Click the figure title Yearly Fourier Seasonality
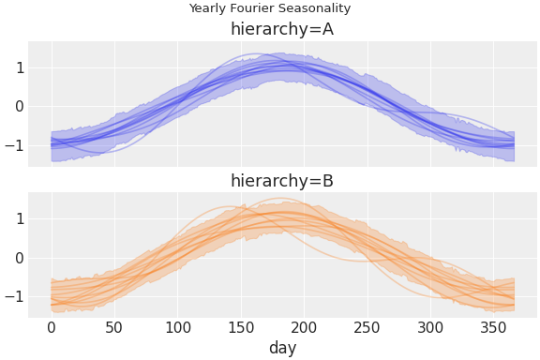269,8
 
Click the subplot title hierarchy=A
282,30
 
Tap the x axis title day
282,347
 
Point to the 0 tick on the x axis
52,327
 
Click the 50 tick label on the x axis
114,327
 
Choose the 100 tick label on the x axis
178,327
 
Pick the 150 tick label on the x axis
241,327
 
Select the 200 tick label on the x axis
305,327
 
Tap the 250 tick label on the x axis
367,327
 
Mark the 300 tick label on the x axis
431,327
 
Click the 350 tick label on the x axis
494,327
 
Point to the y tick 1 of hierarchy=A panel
18,67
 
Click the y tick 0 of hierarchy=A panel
18,106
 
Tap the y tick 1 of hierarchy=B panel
18,219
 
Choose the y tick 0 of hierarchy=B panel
18,258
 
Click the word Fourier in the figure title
252,8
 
